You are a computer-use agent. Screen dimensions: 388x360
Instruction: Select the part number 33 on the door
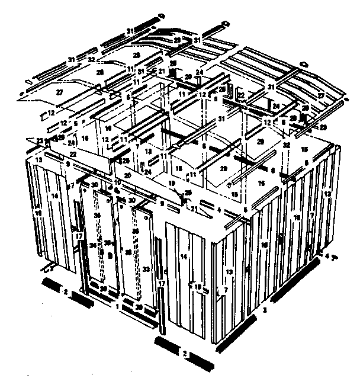146,269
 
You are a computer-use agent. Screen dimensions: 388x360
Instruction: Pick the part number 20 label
128,175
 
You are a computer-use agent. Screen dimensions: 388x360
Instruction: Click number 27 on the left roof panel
60,92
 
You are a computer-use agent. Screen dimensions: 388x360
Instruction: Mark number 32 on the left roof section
92,60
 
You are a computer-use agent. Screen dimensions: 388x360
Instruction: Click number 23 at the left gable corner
39,140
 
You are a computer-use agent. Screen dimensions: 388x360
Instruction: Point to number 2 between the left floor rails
66,292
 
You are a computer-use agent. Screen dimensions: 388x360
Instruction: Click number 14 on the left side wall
54,195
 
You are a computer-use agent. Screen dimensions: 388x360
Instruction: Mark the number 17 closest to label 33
161,284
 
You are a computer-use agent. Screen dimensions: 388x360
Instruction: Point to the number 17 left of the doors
79,235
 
